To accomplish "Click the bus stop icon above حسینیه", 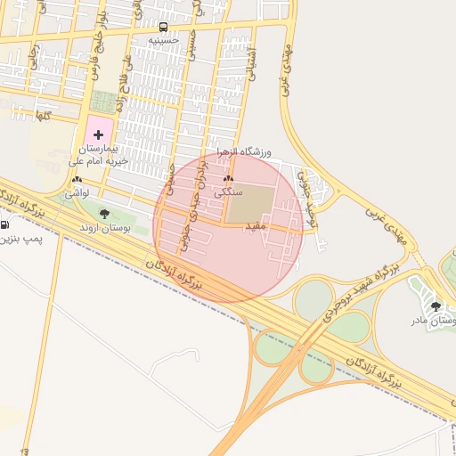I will (x=163, y=28).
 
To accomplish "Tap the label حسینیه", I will (x=163, y=40).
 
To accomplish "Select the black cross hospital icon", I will (x=98, y=134).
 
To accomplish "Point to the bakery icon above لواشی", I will (x=74, y=180).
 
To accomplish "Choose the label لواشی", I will (x=75, y=192).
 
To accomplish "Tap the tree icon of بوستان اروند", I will (x=104, y=214).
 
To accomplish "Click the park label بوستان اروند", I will (x=105, y=228).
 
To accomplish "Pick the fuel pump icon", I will (x=5, y=224).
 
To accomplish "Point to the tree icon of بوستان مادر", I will (x=436, y=305).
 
